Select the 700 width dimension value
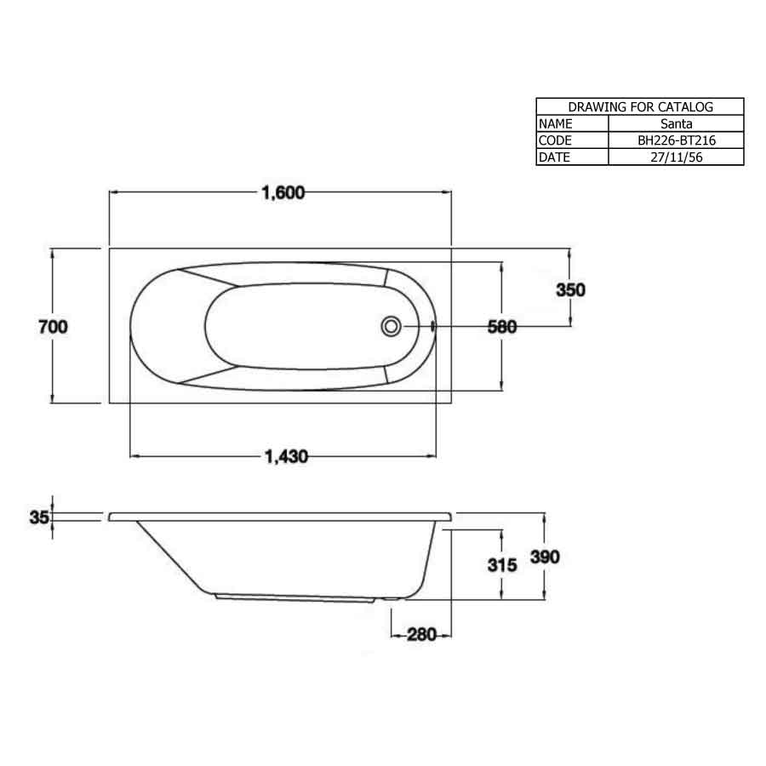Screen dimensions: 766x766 (x=52, y=326)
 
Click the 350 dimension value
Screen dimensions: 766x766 (x=570, y=289)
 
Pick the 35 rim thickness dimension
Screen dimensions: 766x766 (x=38, y=517)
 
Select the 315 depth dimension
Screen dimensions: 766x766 (x=502, y=564)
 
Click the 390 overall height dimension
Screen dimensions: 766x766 (x=545, y=557)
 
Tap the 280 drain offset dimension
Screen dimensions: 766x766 (x=421, y=635)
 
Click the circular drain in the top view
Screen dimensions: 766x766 (x=392, y=325)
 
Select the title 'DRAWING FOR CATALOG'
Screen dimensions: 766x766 (x=640, y=107)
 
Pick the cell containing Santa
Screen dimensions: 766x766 (x=676, y=123)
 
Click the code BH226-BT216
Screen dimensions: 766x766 (x=676, y=140)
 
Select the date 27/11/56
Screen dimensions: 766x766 (x=676, y=157)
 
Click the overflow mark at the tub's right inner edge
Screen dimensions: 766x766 (x=434, y=325)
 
